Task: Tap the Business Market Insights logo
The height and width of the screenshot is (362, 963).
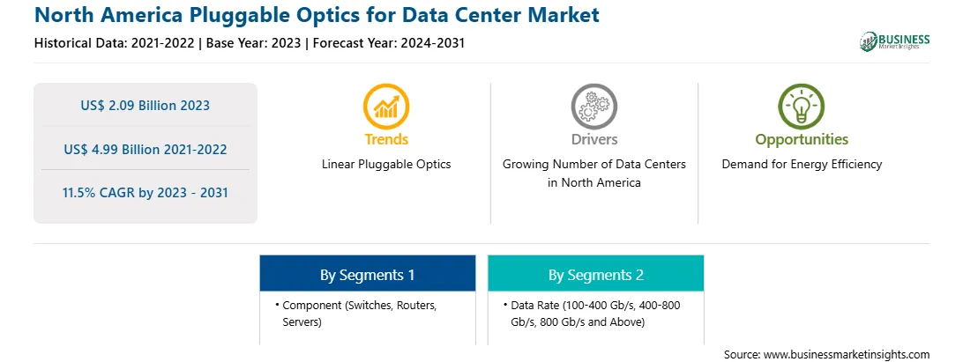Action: click(x=895, y=41)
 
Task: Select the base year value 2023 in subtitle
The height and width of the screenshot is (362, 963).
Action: click(x=284, y=43)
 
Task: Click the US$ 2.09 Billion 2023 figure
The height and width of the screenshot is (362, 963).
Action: click(x=145, y=106)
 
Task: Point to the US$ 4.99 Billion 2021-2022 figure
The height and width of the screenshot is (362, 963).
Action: click(x=145, y=149)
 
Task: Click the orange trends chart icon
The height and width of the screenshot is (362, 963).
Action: click(x=386, y=107)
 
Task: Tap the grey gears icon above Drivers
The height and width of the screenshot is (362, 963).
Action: click(x=593, y=107)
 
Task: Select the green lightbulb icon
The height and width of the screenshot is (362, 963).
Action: click(x=802, y=107)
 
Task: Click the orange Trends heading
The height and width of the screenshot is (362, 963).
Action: click(x=386, y=139)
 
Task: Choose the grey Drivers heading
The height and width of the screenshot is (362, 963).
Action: click(x=593, y=139)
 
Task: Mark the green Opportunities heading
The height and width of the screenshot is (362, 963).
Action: click(x=802, y=140)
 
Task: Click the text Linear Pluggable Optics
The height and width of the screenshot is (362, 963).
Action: click(x=386, y=165)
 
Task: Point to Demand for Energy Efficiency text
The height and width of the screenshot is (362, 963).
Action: click(x=802, y=165)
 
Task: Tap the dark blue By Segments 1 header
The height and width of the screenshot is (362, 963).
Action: click(x=367, y=274)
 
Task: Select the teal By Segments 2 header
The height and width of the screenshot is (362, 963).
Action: click(x=596, y=274)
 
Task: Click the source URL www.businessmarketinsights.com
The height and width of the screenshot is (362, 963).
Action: click(x=847, y=355)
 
